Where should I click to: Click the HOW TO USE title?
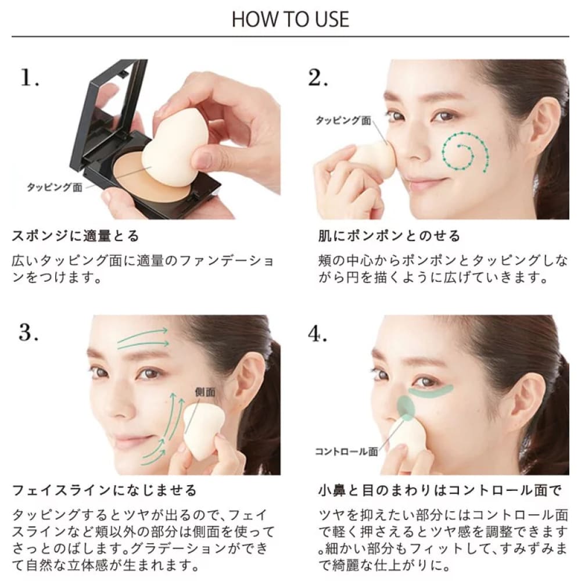(x=290, y=19)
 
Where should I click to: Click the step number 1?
(x=29, y=78)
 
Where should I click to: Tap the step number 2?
(x=318, y=78)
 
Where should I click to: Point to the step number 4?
(x=318, y=334)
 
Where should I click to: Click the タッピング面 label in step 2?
(x=343, y=120)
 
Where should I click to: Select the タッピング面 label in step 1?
(x=55, y=187)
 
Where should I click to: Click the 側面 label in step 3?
(x=205, y=392)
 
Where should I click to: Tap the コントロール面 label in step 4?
(x=346, y=451)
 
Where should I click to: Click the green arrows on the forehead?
(x=143, y=339)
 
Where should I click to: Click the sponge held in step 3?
(x=203, y=430)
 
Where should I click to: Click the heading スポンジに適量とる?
(x=76, y=236)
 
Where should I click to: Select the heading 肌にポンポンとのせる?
(x=389, y=236)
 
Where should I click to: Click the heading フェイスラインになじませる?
(x=104, y=490)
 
